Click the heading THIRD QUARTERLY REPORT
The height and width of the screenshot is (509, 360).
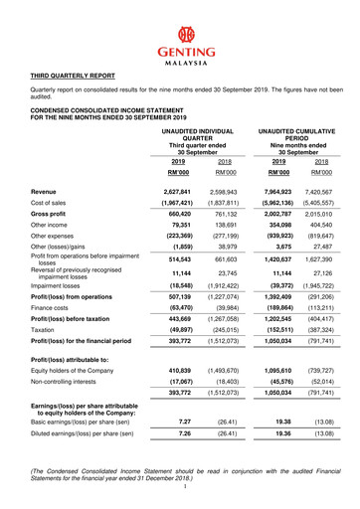pos(72,75)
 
